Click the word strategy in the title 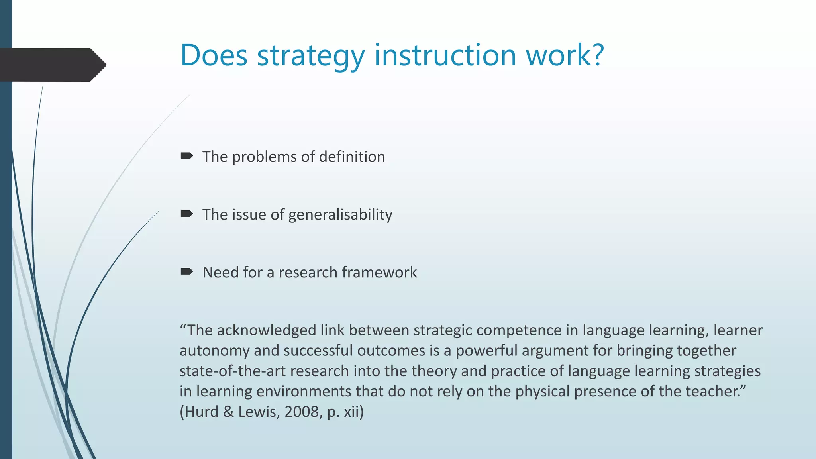pos(311,55)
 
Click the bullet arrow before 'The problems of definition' pos(186,156)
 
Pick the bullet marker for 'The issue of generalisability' pos(186,214)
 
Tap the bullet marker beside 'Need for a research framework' pos(186,272)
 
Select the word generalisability pos(340,215)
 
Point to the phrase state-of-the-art pos(232,371)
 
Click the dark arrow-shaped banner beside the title pos(52,65)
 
